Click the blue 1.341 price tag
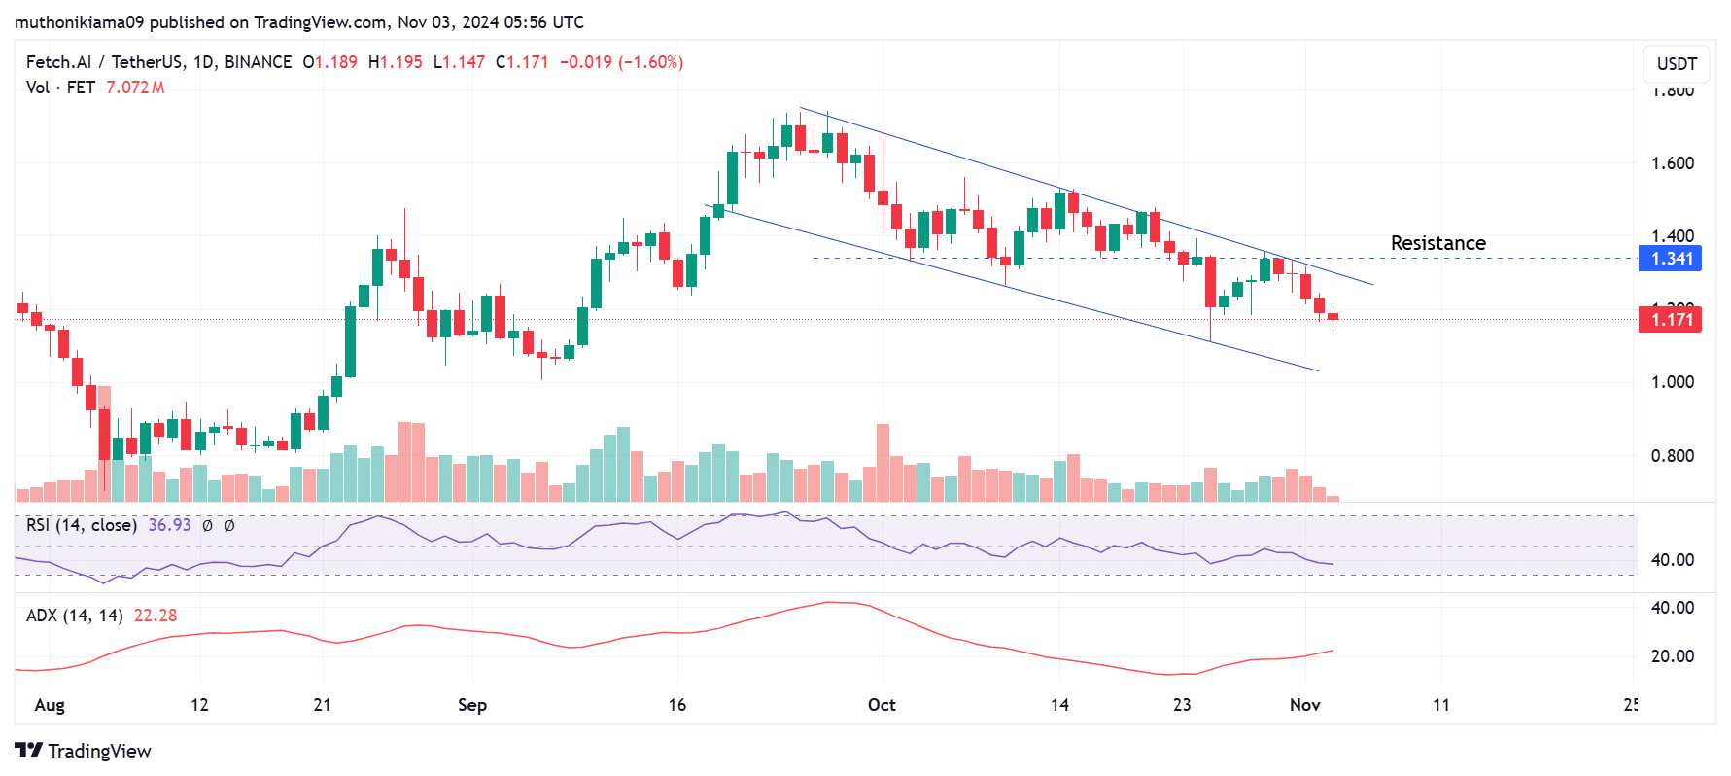pyautogui.click(x=1671, y=259)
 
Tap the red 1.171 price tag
pyautogui.click(x=1671, y=320)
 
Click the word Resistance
pyautogui.click(x=1437, y=243)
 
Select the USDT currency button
pyautogui.click(x=1677, y=64)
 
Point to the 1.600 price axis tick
pyautogui.click(x=1673, y=163)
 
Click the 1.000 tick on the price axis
pyautogui.click(x=1673, y=382)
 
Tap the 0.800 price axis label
pyautogui.click(x=1673, y=456)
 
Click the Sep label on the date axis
pyautogui.click(x=472, y=705)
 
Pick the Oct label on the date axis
pyautogui.click(x=882, y=705)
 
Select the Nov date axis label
pyautogui.click(x=1304, y=705)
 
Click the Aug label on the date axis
pyautogui.click(x=50, y=705)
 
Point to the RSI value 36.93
pyautogui.click(x=169, y=525)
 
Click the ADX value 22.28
pyautogui.click(x=156, y=616)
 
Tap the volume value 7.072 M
pyautogui.click(x=135, y=88)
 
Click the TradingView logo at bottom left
pyautogui.click(x=84, y=751)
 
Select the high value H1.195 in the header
pyautogui.click(x=396, y=62)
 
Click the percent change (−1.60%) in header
pyautogui.click(x=651, y=62)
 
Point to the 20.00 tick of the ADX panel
pyautogui.click(x=1673, y=656)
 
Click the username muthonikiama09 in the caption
pyautogui.click(x=79, y=21)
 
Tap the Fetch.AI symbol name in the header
pyautogui.click(x=57, y=62)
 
